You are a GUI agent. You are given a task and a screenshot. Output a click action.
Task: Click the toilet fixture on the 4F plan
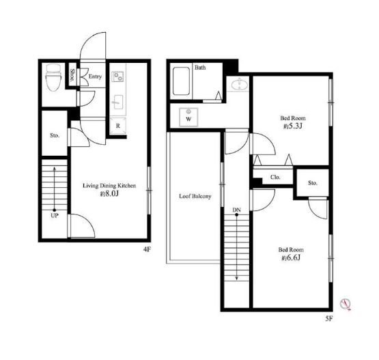54,77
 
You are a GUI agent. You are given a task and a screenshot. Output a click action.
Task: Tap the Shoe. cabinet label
72,74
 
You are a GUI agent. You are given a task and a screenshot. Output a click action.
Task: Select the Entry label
95,77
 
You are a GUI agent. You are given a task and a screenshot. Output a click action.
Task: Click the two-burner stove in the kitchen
118,77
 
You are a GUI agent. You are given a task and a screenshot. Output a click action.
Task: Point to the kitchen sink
117,102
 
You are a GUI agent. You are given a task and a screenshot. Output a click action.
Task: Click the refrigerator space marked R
117,126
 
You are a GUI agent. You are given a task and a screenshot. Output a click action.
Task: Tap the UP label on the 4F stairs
55,215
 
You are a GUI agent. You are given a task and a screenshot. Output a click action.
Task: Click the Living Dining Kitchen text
109,186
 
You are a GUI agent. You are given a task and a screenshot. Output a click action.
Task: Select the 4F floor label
147,249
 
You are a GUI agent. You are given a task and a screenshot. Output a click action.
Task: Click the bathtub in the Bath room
181,81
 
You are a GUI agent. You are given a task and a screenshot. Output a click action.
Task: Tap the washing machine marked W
188,117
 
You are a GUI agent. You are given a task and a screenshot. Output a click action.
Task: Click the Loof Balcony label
195,196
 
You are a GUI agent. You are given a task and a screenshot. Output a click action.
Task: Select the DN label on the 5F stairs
237,210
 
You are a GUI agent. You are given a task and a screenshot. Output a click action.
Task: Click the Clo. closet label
275,177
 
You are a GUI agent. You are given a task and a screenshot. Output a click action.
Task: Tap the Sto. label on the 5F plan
313,183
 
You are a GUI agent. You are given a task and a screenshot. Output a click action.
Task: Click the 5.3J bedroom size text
293,126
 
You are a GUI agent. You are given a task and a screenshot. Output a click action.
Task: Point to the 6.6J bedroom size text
291,258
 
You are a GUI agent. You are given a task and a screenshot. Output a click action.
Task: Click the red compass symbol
346,304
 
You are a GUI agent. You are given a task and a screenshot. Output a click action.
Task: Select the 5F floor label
328,318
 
